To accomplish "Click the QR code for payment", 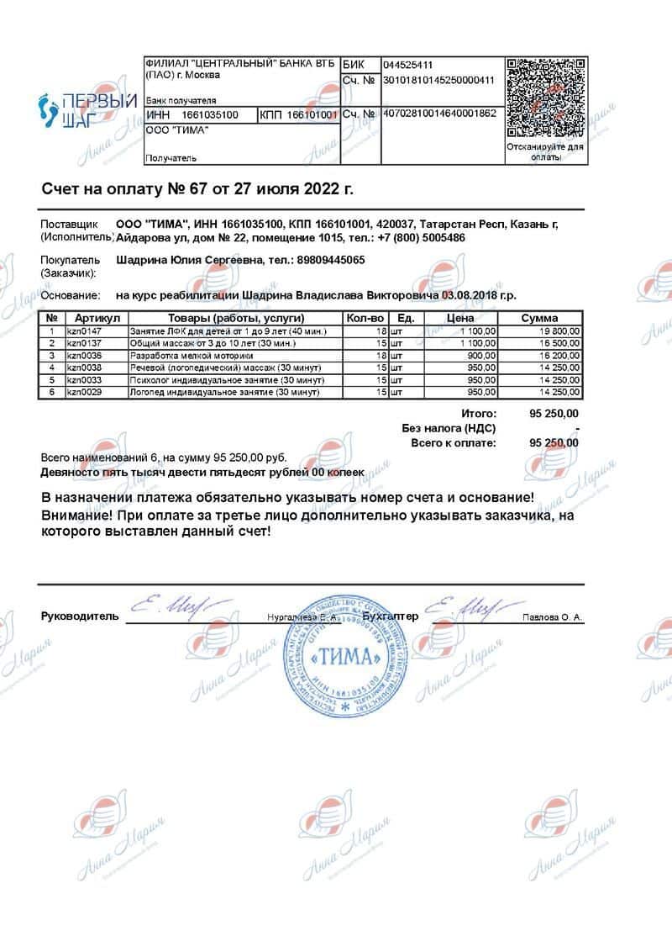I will tap(545, 98).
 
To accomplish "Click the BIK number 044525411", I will tap(407, 65).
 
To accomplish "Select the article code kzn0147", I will tap(83, 332).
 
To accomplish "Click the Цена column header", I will tap(460, 319).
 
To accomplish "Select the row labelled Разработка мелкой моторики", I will tap(181, 356).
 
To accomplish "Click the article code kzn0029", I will tap(83, 392).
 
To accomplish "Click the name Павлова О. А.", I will tap(552, 617).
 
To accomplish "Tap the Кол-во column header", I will tap(365, 319).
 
